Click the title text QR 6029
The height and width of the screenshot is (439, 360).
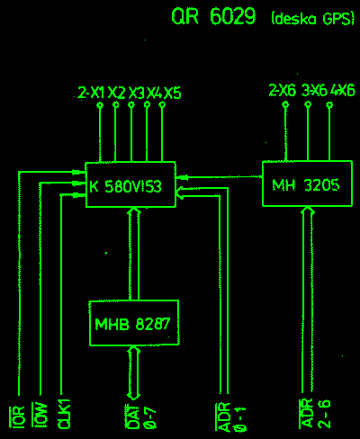(x=213, y=16)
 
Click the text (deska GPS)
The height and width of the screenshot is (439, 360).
(x=313, y=19)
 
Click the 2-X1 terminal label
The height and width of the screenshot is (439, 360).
(x=91, y=93)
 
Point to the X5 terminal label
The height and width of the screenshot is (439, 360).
(x=173, y=93)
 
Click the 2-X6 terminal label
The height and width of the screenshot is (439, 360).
(x=282, y=90)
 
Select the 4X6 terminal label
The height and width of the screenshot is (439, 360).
(x=343, y=90)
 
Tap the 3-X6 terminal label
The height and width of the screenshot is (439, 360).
(x=314, y=90)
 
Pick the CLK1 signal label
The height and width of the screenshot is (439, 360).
(x=64, y=414)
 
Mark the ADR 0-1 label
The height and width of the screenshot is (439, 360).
(x=230, y=417)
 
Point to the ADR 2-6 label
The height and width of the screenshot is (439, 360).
(x=315, y=414)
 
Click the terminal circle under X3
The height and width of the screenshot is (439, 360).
(x=131, y=105)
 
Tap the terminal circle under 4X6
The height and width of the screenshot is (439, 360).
(x=329, y=105)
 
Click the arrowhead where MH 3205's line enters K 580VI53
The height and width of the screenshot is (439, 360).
(x=182, y=177)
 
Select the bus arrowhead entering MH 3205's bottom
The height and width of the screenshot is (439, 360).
(x=308, y=211)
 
